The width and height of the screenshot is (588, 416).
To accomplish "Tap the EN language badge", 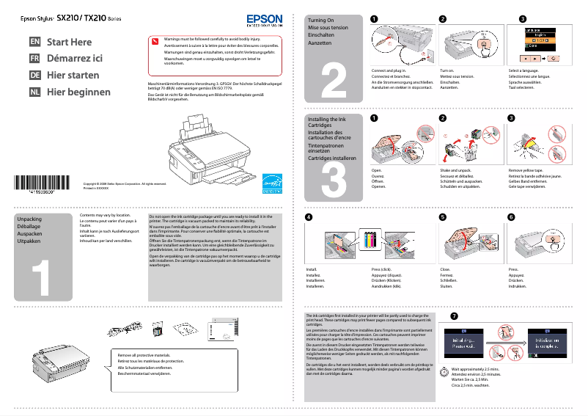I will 34,43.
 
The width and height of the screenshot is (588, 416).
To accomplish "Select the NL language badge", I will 34,92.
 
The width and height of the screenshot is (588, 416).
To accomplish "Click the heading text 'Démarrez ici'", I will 74,59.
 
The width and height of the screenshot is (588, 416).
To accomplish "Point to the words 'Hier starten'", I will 73,76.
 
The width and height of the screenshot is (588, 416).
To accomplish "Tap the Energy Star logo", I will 272,183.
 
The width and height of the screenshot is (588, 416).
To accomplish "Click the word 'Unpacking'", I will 29,219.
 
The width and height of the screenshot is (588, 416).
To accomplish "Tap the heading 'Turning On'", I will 320,21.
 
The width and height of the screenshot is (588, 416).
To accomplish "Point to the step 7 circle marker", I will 455,316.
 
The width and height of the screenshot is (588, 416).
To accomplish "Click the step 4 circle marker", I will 309,217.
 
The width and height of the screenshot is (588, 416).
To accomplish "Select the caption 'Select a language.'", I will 524,70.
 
